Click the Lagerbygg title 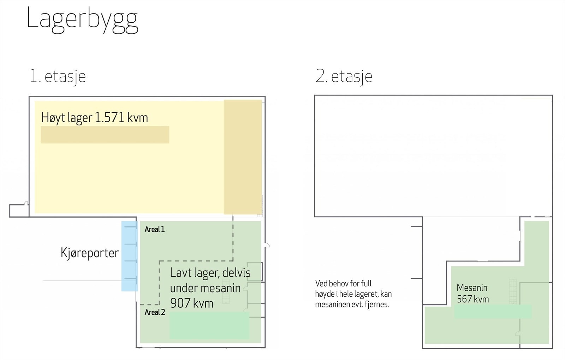click(83, 20)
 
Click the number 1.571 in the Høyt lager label click(109, 118)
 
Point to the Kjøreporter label click(90, 253)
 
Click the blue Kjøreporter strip click(130, 256)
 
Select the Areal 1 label click(155, 229)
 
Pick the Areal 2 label click(155, 312)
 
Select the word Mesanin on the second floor click(472, 288)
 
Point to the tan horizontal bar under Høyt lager click(105, 135)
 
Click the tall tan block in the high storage click(243, 157)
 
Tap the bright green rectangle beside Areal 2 click(209, 325)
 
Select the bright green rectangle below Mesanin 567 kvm click(493, 312)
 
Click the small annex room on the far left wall click(19, 211)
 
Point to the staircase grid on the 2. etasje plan click(513, 291)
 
